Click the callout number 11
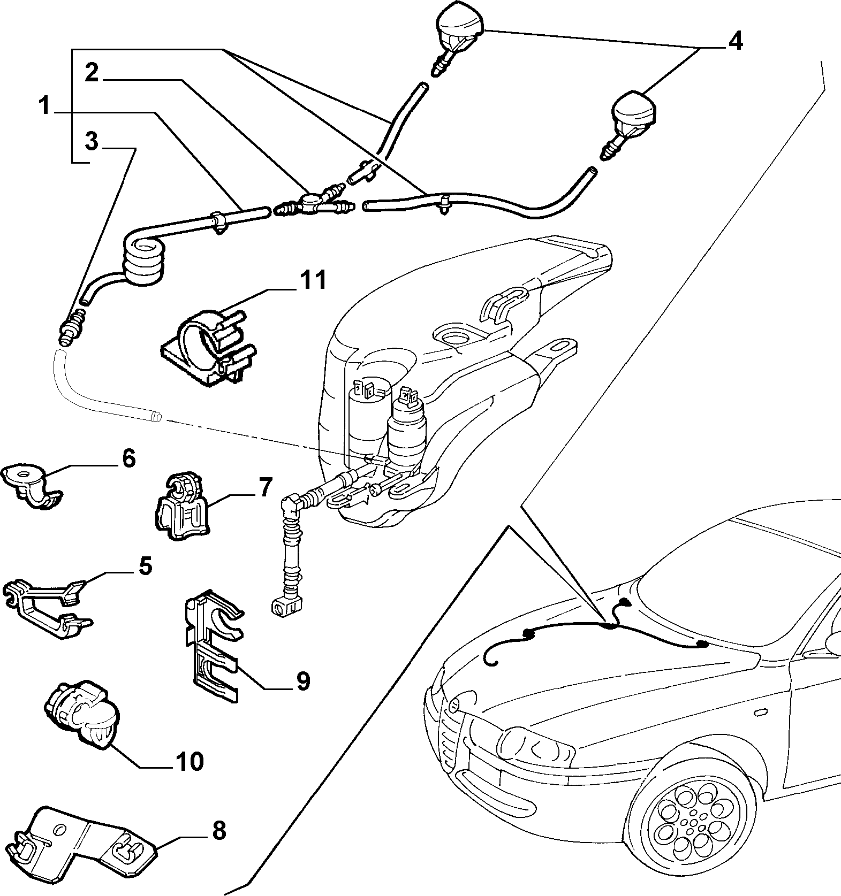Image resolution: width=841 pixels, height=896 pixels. click(x=313, y=280)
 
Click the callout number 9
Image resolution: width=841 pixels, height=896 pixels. click(x=302, y=681)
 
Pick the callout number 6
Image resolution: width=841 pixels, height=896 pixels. click(x=129, y=459)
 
